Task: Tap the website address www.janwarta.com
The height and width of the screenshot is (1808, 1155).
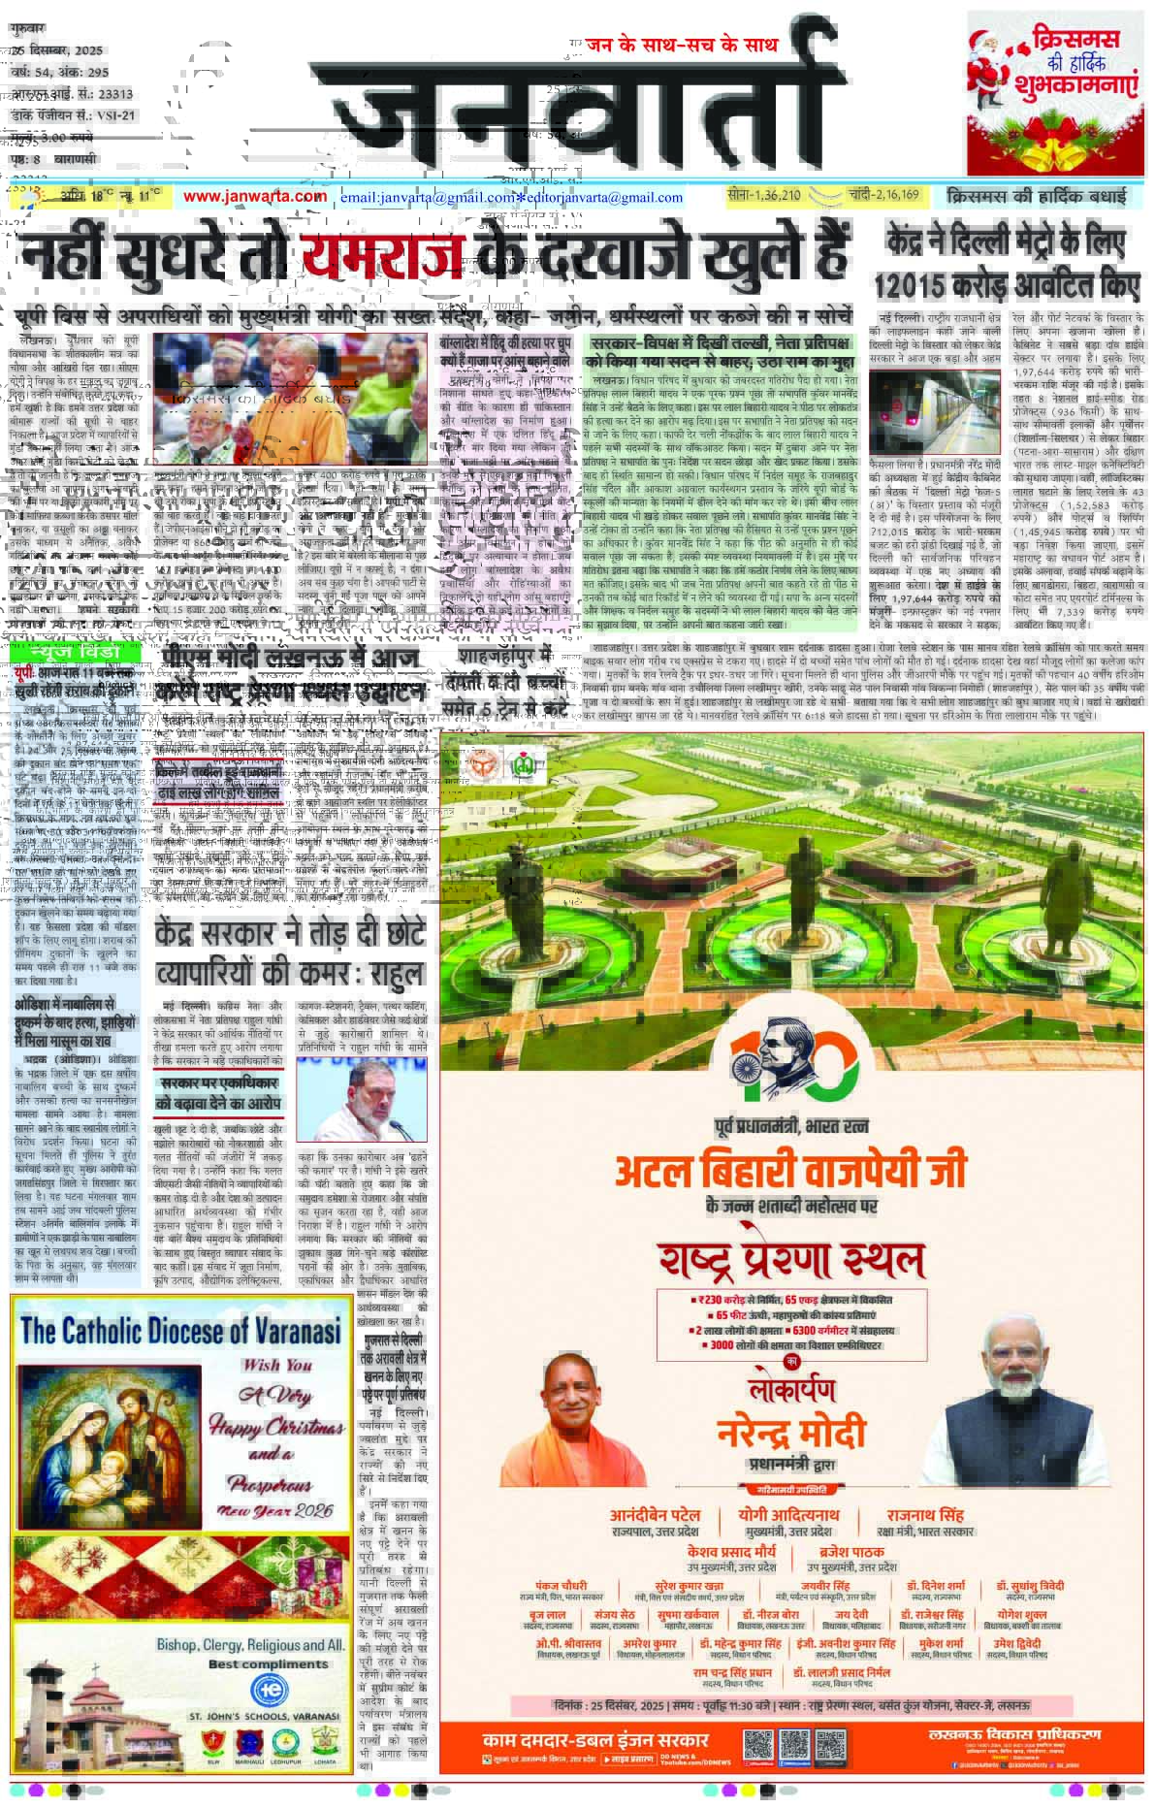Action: [255, 197]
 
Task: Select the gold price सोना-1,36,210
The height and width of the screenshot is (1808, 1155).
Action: [765, 196]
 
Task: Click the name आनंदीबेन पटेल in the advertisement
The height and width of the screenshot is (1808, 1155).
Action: [668, 1515]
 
